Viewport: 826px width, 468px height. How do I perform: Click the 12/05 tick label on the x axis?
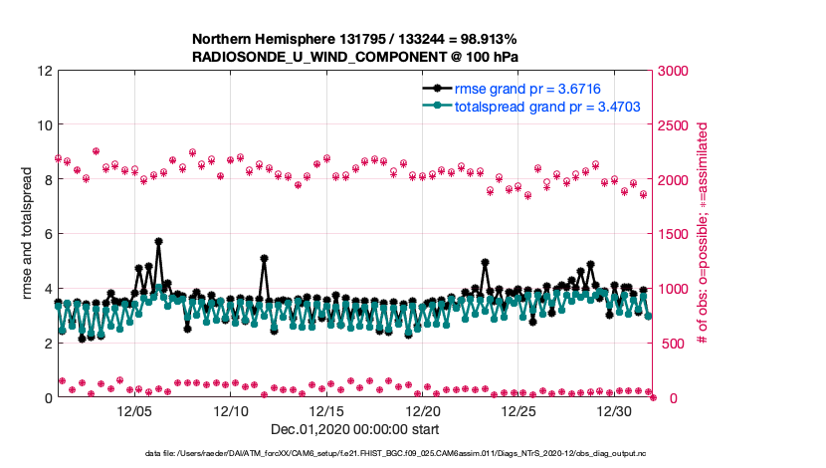134,411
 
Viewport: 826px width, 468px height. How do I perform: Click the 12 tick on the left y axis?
45,72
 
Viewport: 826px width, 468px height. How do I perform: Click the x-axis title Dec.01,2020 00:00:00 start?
356,429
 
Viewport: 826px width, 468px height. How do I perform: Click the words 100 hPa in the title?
492,58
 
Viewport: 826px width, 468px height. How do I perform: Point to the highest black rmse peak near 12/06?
158,241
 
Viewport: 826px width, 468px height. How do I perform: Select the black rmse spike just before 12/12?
264,258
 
